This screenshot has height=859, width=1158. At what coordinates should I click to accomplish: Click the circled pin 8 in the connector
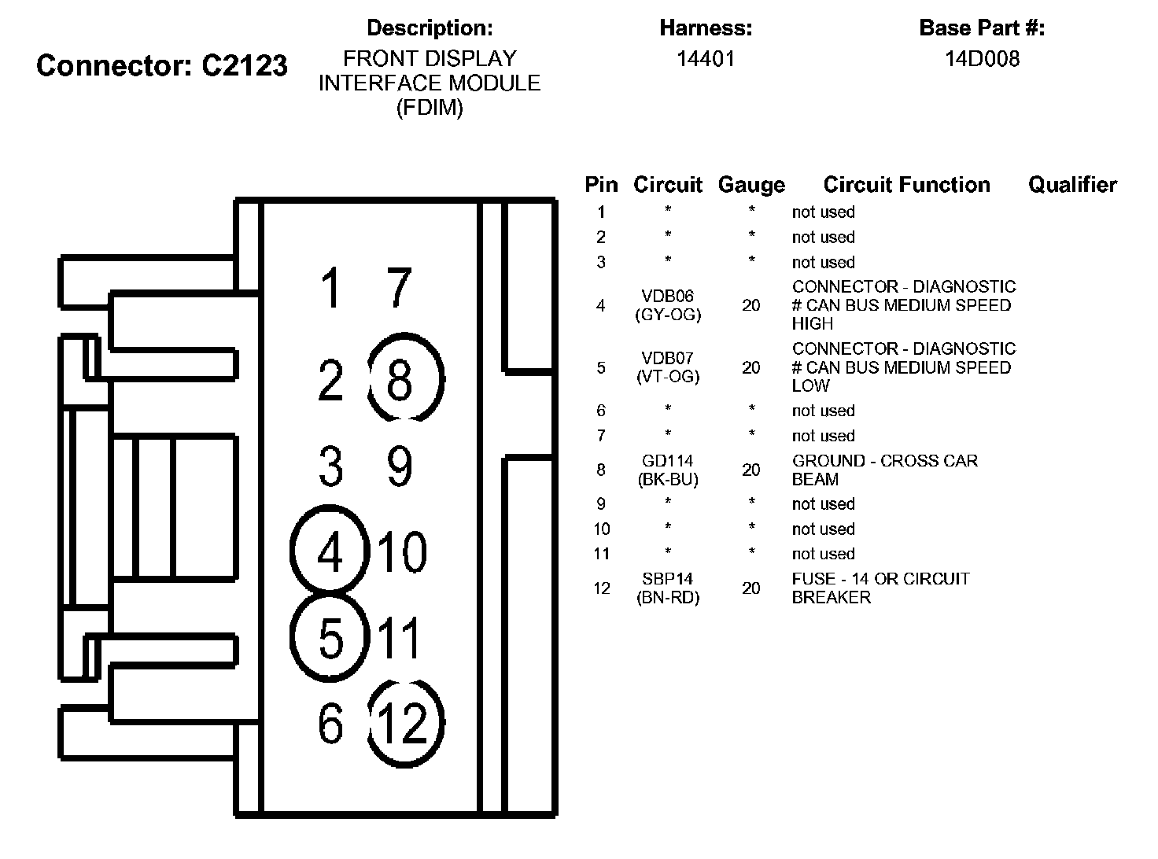point(406,378)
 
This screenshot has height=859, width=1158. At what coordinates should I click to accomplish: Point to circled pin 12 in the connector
point(406,722)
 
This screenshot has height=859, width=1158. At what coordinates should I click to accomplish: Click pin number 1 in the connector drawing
point(331,288)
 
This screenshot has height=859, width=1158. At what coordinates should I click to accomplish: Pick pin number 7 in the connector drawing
point(400,288)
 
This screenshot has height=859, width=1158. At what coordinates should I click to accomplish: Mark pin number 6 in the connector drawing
point(331,722)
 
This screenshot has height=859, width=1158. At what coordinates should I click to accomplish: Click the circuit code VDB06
point(667,297)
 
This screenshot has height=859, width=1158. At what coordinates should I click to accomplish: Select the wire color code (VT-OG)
point(667,377)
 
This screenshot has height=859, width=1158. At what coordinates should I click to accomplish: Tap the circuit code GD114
point(667,461)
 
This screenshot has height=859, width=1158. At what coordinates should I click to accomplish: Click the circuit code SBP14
point(667,579)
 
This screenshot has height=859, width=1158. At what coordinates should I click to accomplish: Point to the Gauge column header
point(751,185)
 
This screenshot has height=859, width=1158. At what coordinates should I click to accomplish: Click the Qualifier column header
point(1072,185)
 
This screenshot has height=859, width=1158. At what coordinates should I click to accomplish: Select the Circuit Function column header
point(906,185)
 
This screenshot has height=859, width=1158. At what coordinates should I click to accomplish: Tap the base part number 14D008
point(982,59)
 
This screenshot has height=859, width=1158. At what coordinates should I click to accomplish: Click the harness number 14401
point(706,59)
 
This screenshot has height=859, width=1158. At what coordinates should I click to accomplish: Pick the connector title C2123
point(244,65)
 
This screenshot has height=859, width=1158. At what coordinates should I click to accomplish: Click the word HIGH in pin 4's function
point(812,323)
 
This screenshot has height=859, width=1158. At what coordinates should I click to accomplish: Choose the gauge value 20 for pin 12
point(751,588)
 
